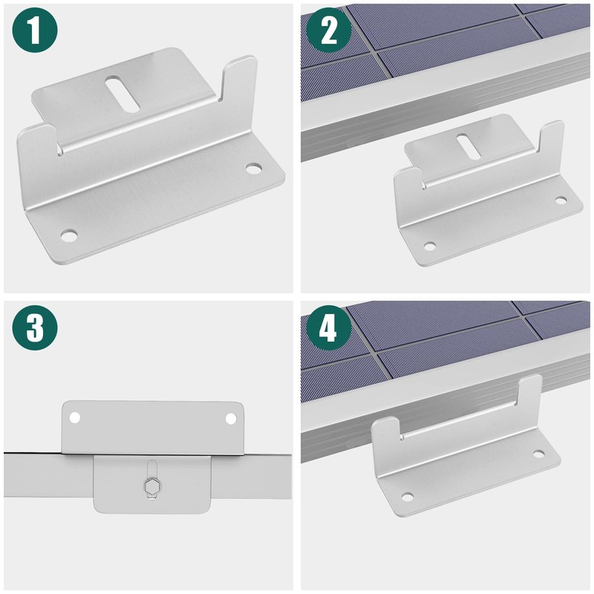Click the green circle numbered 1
(x=35, y=30)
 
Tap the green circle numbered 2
(x=329, y=30)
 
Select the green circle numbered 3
(x=35, y=327)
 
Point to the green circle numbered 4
(x=329, y=327)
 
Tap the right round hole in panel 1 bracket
(x=253, y=169)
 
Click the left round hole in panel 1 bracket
(x=69, y=235)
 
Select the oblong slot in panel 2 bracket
(x=469, y=146)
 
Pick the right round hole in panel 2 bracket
(x=561, y=200)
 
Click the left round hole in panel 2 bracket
(x=429, y=247)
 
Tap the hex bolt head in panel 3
(x=152, y=486)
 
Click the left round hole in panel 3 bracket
(x=75, y=418)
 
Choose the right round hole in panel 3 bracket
(x=231, y=419)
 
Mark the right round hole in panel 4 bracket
(x=538, y=454)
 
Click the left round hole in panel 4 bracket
(x=407, y=497)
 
